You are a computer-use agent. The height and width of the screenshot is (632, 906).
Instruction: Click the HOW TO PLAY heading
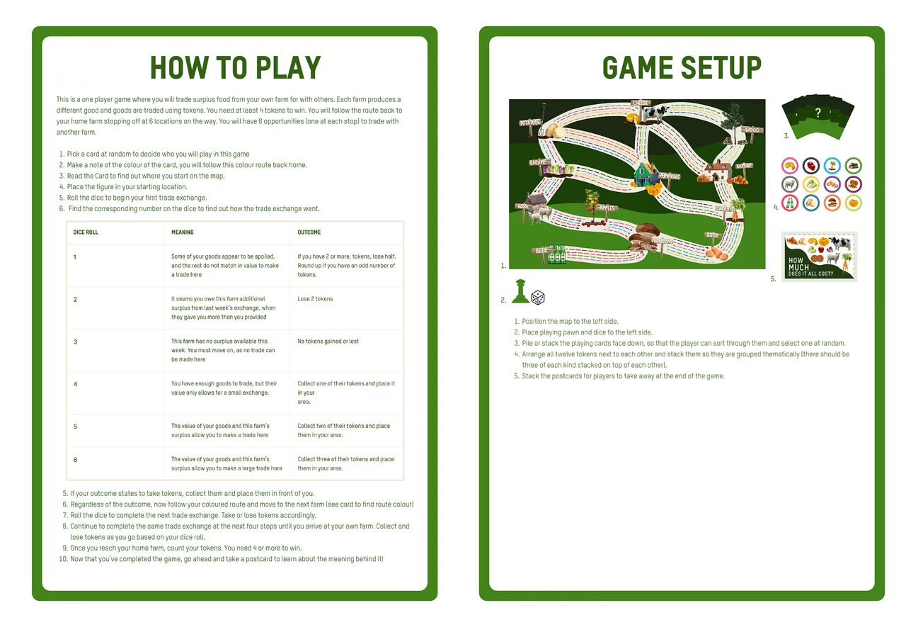(x=235, y=68)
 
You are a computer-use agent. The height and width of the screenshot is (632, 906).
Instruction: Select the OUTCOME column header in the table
(x=309, y=232)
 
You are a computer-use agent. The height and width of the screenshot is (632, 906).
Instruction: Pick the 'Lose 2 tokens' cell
(x=315, y=299)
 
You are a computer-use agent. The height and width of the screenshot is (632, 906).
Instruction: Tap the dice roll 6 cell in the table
(x=75, y=460)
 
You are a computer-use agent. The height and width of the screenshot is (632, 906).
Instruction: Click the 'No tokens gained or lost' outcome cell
(x=328, y=342)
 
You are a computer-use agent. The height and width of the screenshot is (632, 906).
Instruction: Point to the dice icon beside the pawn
(x=538, y=298)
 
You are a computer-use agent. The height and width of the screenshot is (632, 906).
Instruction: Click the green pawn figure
(x=520, y=293)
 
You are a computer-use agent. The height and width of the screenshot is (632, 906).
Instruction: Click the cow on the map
(x=658, y=114)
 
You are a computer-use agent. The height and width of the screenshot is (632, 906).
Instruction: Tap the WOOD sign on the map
(x=752, y=130)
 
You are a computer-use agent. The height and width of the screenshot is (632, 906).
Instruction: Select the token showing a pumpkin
(x=854, y=203)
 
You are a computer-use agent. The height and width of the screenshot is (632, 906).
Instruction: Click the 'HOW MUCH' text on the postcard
(x=798, y=264)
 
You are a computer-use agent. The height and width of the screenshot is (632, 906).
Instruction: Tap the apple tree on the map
(x=590, y=202)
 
